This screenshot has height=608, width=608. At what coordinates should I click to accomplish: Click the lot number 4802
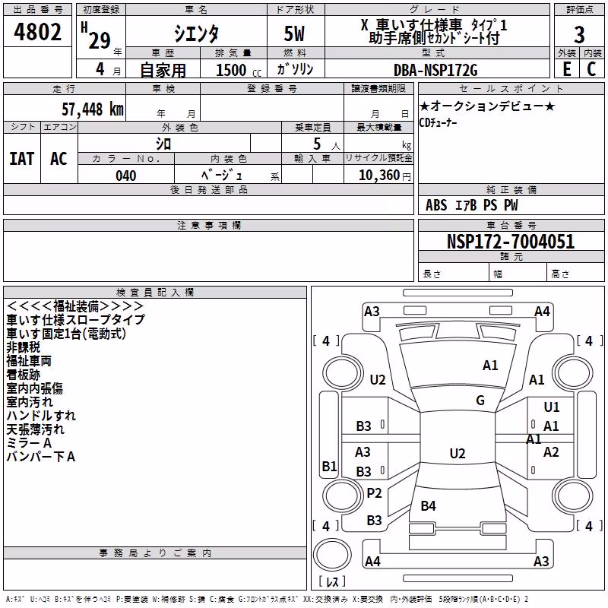(x=37, y=32)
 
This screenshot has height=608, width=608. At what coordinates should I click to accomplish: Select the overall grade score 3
(x=579, y=34)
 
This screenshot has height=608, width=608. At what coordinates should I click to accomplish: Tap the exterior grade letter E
(x=566, y=69)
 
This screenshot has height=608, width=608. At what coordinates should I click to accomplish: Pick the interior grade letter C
(x=591, y=69)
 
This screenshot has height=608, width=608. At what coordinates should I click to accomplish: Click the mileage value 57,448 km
(x=93, y=109)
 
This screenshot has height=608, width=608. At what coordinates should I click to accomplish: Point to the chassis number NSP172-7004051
(x=511, y=242)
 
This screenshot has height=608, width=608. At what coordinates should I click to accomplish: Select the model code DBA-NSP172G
(x=435, y=70)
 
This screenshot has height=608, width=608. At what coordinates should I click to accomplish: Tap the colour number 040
(x=126, y=176)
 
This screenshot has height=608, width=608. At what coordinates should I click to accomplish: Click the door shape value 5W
(x=294, y=33)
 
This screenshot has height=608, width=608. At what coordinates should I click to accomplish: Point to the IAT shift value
(x=22, y=159)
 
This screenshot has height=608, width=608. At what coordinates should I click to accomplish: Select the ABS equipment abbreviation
(x=436, y=205)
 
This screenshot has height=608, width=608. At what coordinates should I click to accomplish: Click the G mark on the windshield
(x=480, y=401)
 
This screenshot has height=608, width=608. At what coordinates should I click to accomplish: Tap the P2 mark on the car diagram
(x=374, y=493)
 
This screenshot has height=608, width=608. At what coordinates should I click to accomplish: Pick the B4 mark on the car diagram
(x=429, y=506)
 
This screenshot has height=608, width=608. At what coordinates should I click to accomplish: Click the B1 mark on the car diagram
(x=330, y=466)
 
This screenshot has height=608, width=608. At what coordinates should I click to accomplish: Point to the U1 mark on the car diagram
(x=552, y=407)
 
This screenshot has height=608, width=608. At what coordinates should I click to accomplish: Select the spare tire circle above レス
(x=332, y=555)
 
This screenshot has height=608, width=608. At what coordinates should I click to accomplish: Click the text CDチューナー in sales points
(x=439, y=123)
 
